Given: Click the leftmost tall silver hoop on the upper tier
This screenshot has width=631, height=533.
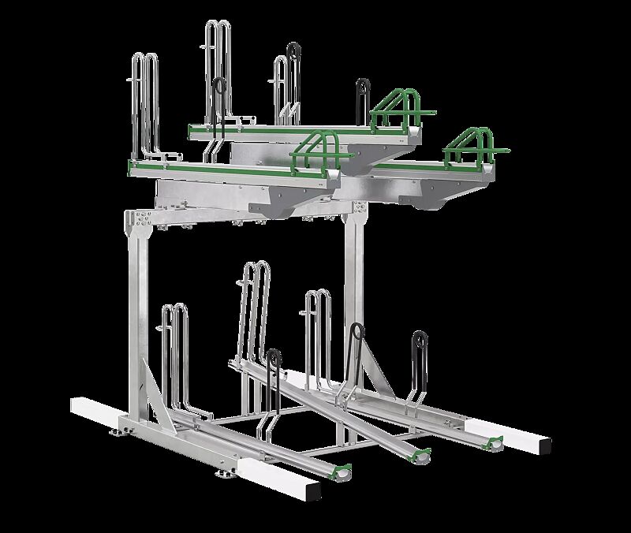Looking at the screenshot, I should (144, 102).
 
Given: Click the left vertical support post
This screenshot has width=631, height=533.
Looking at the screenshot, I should (140, 315).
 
